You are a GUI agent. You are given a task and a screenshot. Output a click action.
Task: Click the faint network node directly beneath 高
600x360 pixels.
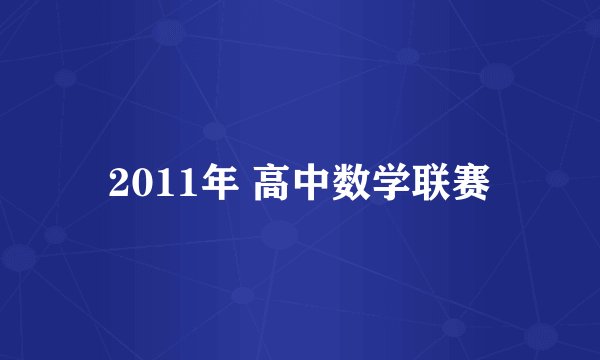280,236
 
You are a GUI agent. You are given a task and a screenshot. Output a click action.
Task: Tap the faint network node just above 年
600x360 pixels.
212,131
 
